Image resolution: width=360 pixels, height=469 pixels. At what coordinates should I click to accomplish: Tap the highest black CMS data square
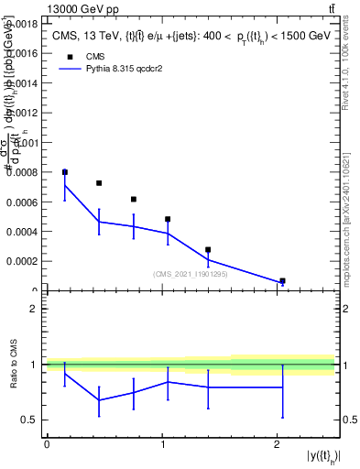point(65,172)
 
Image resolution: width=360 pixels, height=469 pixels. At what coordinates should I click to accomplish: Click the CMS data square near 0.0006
point(134,199)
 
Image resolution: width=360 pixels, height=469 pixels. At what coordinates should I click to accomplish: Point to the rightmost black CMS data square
point(282,281)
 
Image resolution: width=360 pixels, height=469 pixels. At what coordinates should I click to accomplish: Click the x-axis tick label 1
point(162,444)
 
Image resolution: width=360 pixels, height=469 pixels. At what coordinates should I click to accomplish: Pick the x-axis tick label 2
point(278,444)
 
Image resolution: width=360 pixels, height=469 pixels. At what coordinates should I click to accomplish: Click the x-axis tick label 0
point(47,444)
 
